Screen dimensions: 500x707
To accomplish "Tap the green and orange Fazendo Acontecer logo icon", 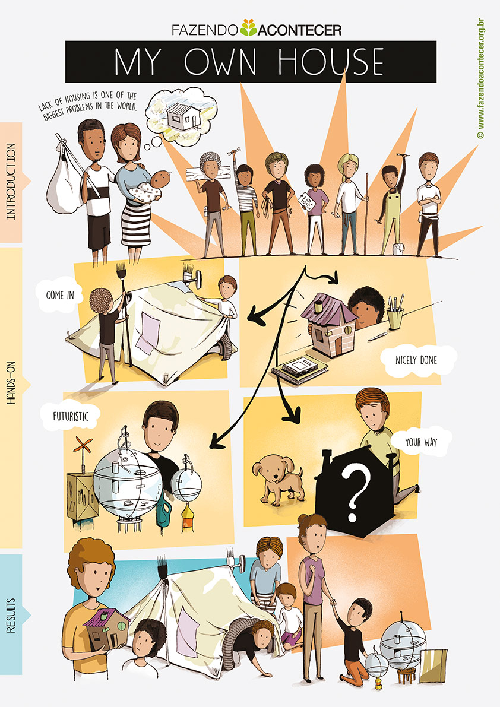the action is [x=248, y=27].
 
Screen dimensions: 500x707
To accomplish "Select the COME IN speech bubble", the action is [x=59, y=295].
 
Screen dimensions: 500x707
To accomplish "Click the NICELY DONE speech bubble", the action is [x=416, y=360].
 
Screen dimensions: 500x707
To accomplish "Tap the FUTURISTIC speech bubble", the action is [x=70, y=416].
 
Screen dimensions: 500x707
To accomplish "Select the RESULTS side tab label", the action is [x=11, y=615].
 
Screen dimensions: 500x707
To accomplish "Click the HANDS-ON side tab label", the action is [x=11, y=383].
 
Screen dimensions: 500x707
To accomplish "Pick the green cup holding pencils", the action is [x=394, y=318].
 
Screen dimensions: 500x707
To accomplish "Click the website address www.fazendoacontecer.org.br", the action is [x=480, y=78].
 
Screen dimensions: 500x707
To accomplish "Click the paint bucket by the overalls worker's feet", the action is [x=398, y=249].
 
